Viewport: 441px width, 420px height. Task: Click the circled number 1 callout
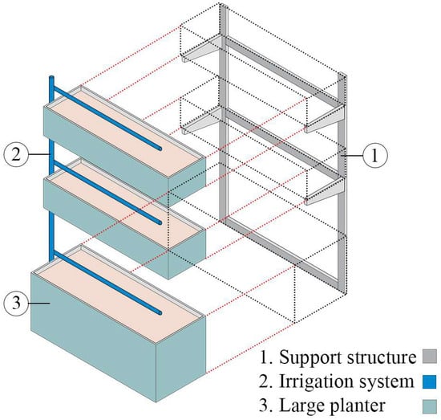[x=375, y=156]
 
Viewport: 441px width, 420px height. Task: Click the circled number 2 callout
[x=16, y=154]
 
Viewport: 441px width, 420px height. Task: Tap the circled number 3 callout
[x=16, y=303]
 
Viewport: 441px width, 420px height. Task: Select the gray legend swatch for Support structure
[x=430, y=357]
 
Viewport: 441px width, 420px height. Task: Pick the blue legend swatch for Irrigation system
[x=430, y=382]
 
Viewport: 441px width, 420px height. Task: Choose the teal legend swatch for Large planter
[x=430, y=407]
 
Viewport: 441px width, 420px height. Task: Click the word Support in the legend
[x=310, y=357]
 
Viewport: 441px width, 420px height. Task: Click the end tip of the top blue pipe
[x=160, y=149]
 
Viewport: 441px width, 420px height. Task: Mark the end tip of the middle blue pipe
[x=160, y=222]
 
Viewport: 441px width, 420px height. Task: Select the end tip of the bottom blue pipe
[x=160, y=312]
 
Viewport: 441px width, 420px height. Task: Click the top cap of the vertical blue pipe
[x=52, y=78]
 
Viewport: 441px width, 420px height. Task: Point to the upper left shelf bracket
[x=201, y=49]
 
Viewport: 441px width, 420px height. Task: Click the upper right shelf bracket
[x=325, y=119]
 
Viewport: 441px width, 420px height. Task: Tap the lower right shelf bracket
[x=325, y=190]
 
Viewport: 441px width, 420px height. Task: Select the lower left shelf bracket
[x=201, y=120]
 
